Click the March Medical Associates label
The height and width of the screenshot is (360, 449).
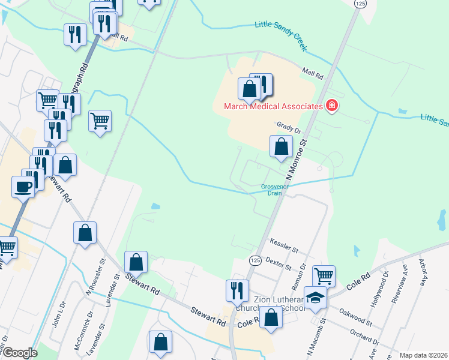(273, 106)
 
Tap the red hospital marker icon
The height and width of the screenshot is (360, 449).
(331, 106)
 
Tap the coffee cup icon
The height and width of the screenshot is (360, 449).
(23, 187)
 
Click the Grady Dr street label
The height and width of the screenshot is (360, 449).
(288, 125)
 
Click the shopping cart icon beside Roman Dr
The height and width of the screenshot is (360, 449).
(324, 275)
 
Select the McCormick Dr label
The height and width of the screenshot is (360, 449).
(89, 323)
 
